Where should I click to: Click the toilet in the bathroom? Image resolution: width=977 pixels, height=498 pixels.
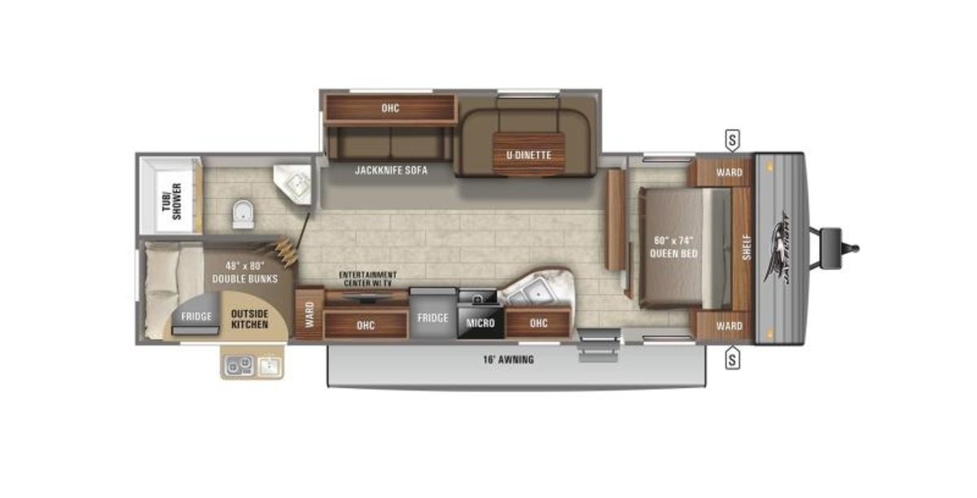pyautogui.click(x=243, y=214)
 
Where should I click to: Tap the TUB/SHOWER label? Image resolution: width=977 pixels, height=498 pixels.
pyautogui.click(x=173, y=202)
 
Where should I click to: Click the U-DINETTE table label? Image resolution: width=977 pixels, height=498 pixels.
pyautogui.click(x=528, y=155)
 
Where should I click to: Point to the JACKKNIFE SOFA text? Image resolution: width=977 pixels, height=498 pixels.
pyautogui.click(x=392, y=170)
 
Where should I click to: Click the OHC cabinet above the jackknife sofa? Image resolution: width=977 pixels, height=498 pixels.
pyautogui.click(x=390, y=108)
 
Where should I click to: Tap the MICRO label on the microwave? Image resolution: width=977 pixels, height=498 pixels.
pyautogui.click(x=480, y=323)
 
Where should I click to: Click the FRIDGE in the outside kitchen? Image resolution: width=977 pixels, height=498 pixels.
pyautogui.click(x=196, y=315)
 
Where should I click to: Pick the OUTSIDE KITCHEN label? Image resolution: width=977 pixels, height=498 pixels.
pyautogui.click(x=249, y=319)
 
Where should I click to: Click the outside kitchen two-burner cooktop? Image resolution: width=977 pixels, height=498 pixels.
pyautogui.click(x=239, y=365)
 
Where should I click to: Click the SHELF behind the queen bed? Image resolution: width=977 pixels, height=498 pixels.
pyautogui.click(x=747, y=247)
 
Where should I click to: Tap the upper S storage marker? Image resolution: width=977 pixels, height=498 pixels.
pyautogui.click(x=732, y=141)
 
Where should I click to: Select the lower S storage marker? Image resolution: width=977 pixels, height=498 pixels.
pyautogui.click(x=732, y=358)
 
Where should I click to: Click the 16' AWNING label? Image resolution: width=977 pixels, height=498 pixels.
pyautogui.click(x=509, y=360)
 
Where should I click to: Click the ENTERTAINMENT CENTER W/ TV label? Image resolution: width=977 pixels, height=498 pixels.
pyautogui.click(x=368, y=279)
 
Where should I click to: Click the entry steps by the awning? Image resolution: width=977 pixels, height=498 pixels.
pyautogui.click(x=599, y=345)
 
